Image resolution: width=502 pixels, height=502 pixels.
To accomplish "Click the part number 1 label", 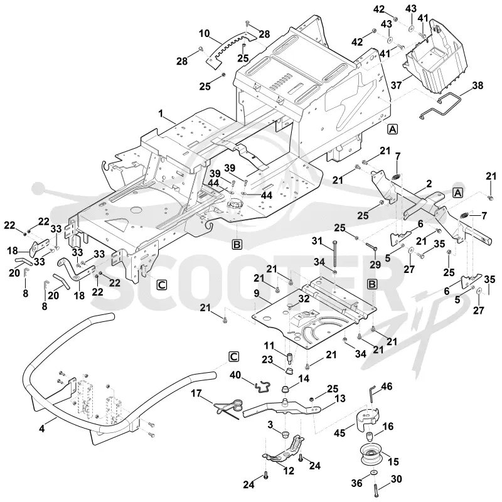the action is [161, 114].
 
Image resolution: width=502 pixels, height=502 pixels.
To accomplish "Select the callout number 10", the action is [204, 33].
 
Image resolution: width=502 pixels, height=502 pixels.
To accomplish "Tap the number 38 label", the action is [478, 85].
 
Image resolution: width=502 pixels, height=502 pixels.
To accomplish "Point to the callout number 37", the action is [396, 85].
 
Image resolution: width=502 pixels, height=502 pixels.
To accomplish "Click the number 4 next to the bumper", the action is [42, 429].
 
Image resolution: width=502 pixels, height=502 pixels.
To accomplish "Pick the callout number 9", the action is [257, 293].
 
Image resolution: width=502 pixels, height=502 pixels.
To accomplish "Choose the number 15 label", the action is [393, 461].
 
